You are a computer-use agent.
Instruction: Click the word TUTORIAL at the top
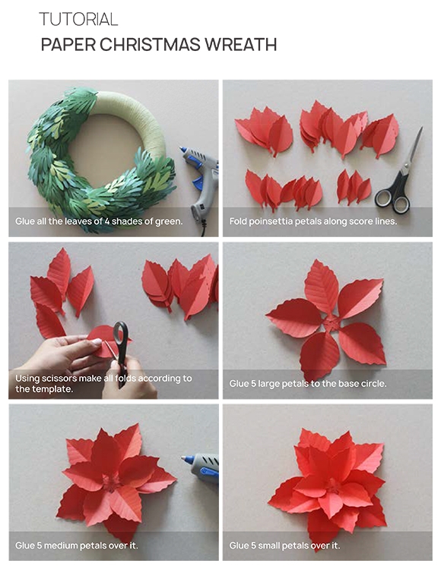tap(78, 19)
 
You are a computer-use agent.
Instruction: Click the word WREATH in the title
tap(240, 45)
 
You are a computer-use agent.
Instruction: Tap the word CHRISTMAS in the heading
tap(150, 45)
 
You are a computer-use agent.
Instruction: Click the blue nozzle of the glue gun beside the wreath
tap(182, 150)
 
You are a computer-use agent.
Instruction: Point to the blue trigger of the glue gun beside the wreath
tap(197, 182)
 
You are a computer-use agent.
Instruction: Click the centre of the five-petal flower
tap(331, 324)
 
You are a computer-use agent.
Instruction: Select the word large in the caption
tap(268, 384)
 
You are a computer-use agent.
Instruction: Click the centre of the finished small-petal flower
tap(334, 486)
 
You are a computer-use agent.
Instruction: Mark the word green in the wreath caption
tap(169, 221)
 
